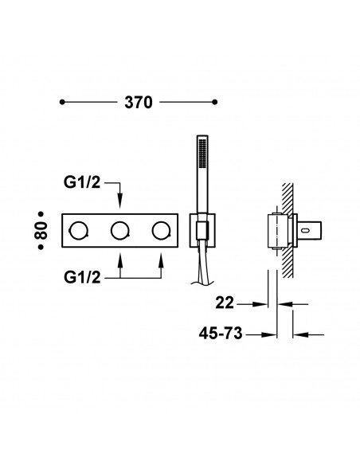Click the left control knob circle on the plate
(x=79, y=232)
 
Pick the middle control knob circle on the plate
(x=119, y=232)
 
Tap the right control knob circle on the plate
(x=161, y=232)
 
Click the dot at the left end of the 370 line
(x=63, y=102)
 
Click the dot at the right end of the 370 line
(x=215, y=102)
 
